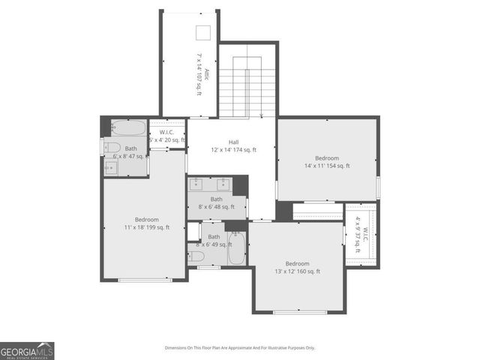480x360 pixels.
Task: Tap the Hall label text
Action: pos(233,141)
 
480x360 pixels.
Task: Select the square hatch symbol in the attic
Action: pos(203,32)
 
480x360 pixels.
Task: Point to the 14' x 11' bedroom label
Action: pos(326,158)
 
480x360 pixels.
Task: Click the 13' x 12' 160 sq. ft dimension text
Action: pos(297,271)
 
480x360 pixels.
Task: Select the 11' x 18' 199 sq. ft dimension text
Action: pos(146,227)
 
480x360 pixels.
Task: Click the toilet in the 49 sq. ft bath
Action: pos(196,256)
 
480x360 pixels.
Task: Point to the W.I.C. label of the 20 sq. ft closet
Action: pos(166,131)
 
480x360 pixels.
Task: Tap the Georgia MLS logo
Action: pos(27,351)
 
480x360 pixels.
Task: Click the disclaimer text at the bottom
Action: pos(240,348)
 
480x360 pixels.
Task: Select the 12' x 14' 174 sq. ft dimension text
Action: pos(233,150)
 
